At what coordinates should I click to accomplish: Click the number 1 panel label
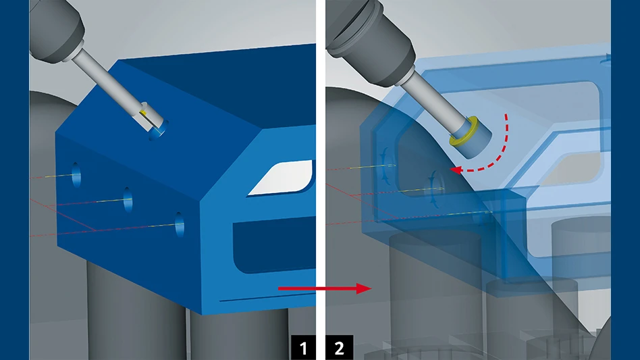[303, 348]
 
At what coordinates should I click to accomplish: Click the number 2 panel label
[339, 348]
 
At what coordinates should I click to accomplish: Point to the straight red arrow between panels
[325, 288]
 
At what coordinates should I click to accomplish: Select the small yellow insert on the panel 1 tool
[143, 113]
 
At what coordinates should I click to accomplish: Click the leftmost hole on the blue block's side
[76, 175]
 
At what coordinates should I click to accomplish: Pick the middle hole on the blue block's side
[128, 200]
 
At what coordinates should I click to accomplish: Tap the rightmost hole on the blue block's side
[180, 224]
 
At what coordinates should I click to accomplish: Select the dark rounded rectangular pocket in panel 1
[273, 245]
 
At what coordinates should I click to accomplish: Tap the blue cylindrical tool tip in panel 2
[473, 138]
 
